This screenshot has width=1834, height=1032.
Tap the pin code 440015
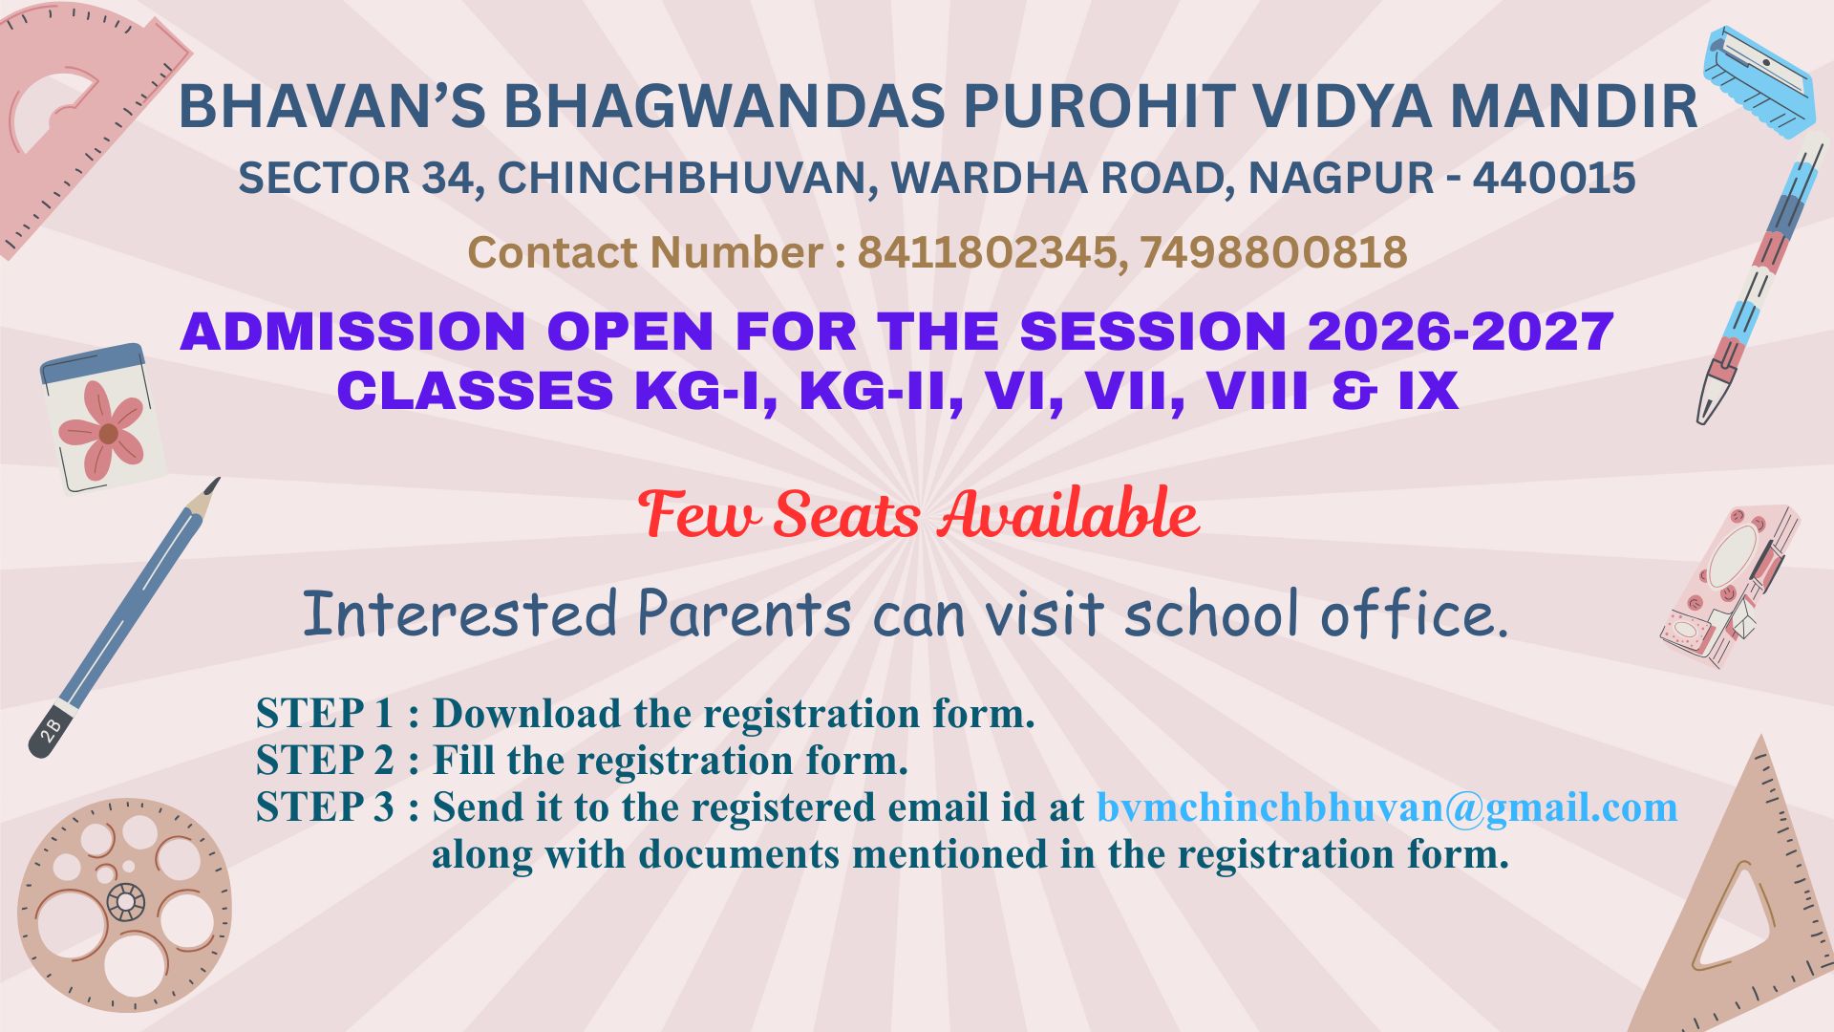pyautogui.click(x=1554, y=178)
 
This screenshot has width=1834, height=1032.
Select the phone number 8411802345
pyautogui.click(x=987, y=252)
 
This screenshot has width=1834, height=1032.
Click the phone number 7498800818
pyautogui.click(x=1273, y=252)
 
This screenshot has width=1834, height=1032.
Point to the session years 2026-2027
pyautogui.click(x=1461, y=332)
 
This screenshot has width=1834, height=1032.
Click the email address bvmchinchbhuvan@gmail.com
pyautogui.click(x=1387, y=807)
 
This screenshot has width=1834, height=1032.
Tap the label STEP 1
pyautogui.click(x=325, y=714)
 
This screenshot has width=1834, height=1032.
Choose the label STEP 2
pyautogui.click(x=325, y=761)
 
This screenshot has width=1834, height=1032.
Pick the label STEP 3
pyautogui.click(x=325, y=807)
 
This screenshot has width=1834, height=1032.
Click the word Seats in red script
pyautogui.click(x=846, y=516)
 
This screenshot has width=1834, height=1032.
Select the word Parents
pyautogui.click(x=743, y=613)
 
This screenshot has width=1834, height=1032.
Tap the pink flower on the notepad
pyautogui.click(x=103, y=431)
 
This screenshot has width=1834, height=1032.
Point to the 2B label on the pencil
pyautogui.click(x=52, y=730)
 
